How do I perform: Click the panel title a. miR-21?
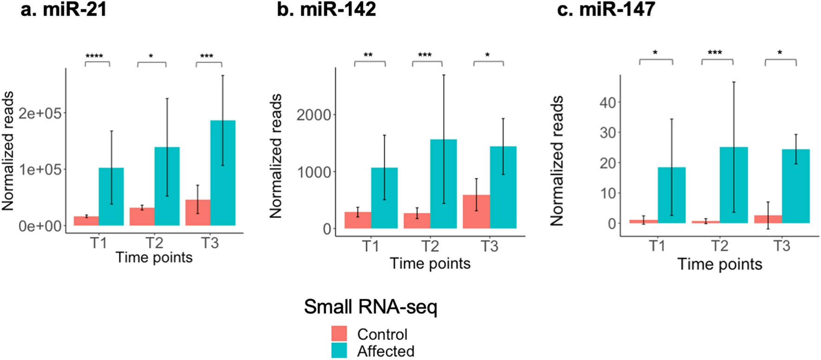click(x=64, y=9)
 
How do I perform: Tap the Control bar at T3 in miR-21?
click(x=198, y=213)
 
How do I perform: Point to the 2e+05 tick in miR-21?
click(x=40, y=113)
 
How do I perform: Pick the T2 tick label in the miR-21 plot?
click(x=154, y=243)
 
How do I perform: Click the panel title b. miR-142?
click(x=326, y=9)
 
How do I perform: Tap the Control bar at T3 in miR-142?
click(x=476, y=212)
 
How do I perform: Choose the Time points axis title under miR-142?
click(x=430, y=264)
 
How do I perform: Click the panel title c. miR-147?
click(x=606, y=9)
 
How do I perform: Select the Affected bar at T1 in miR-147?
click(x=672, y=195)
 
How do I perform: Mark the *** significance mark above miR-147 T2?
click(x=715, y=53)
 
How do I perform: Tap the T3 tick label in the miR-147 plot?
click(x=782, y=246)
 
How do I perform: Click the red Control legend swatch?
click(x=339, y=334)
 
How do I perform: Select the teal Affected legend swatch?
click(x=339, y=351)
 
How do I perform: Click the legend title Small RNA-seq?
click(x=370, y=307)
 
